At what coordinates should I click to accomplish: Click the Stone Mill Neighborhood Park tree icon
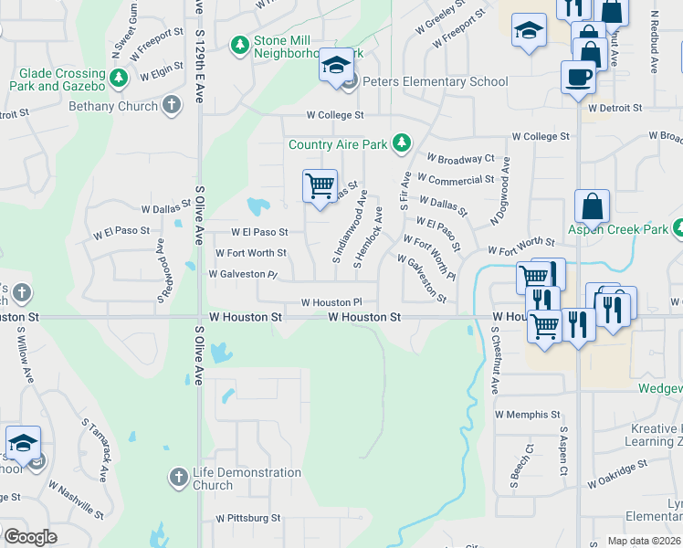coord(240,44)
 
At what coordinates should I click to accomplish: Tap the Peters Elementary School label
coord(436,82)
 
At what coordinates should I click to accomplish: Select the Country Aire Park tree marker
coord(401,143)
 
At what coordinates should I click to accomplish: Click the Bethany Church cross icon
coord(171,105)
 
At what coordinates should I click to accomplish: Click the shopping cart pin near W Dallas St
coord(320,186)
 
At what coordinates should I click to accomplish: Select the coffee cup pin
coord(578,78)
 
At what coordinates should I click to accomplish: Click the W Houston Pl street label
coord(332,302)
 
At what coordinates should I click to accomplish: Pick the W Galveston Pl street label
coord(243,274)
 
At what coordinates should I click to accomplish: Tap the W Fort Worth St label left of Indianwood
coord(250,253)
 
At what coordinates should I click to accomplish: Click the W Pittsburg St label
coord(248,518)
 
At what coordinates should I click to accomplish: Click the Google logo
coord(30,537)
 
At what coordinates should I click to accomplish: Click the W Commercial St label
coord(460,181)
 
